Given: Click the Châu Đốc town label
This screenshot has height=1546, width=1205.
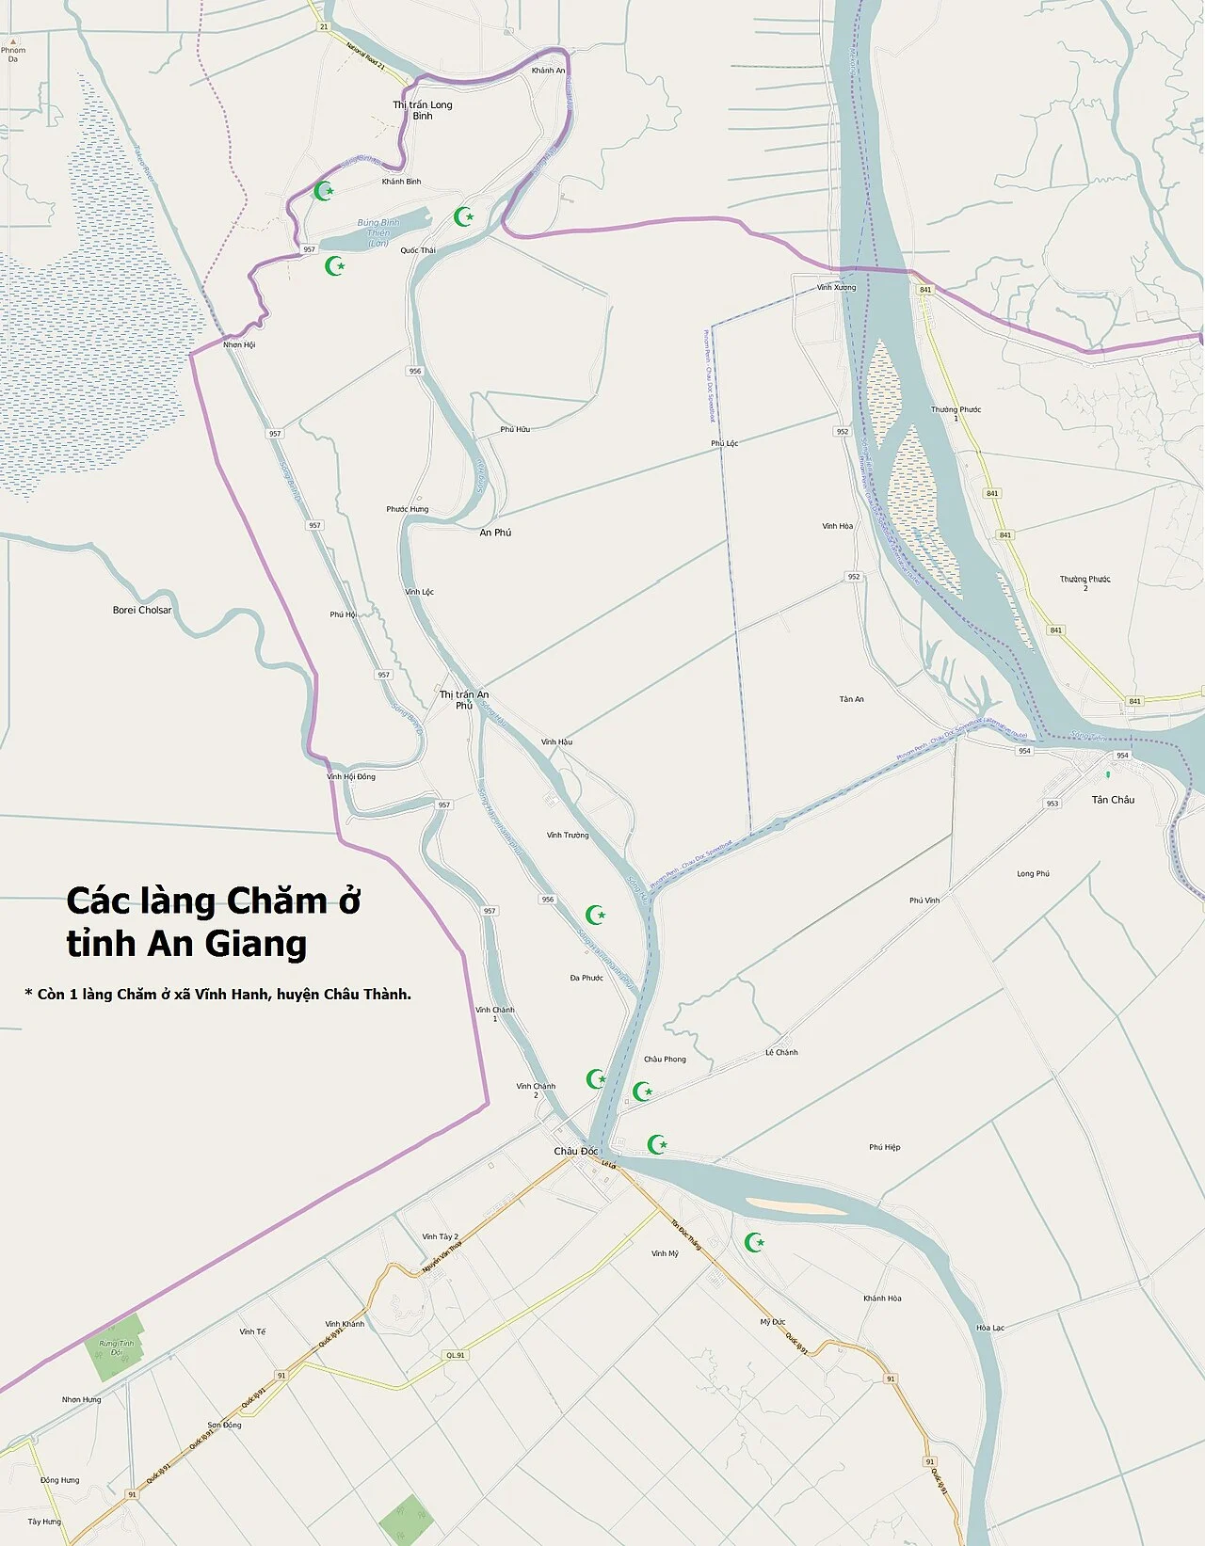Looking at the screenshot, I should pyautogui.click(x=575, y=1151).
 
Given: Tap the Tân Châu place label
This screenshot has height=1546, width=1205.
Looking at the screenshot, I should pyautogui.click(x=1113, y=800).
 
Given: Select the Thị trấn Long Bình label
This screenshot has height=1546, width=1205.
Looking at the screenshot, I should pyautogui.click(x=423, y=110).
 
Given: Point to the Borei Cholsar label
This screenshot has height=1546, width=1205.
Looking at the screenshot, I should pyautogui.click(x=142, y=610).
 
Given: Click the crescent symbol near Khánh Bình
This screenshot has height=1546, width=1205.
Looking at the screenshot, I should pyautogui.click(x=324, y=191).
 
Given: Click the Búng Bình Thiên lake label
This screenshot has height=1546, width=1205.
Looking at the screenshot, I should pyautogui.click(x=378, y=232).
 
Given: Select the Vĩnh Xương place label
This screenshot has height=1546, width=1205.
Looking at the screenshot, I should pyautogui.click(x=836, y=287).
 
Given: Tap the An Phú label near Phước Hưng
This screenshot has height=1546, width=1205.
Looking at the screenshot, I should pyautogui.click(x=495, y=533).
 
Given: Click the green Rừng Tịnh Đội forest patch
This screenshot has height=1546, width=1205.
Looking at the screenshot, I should pyautogui.click(x=117, y=1347).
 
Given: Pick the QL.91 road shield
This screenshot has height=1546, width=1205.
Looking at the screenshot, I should pyautogui.click(x=456, y=1355).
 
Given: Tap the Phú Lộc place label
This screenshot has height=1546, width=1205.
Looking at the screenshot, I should pyautogui.click(x=725, y=443).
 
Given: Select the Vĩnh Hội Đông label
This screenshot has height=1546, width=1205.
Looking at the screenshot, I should pyautogui.click(x=351, y=776).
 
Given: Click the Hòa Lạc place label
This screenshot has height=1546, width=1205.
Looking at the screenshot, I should pyautogui.click(x=990, y=1328).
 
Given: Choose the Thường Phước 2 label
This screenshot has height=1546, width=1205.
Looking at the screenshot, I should pyautogui.click(x=1085, y=583).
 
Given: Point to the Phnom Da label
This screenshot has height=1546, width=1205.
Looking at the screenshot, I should pyautogui.click(x=13, y=55).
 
